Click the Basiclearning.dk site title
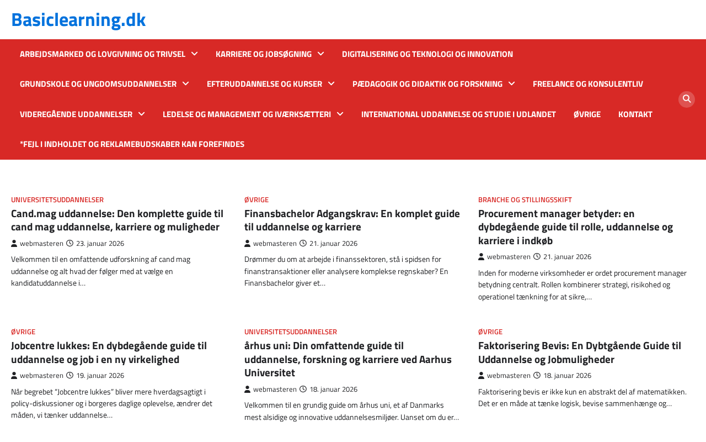click(78, 20)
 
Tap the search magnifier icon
click(687, 99)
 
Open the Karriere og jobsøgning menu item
click(264, 54)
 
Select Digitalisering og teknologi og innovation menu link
click(427, 54)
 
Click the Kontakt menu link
click(635, 114)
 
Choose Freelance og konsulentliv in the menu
click(588, 84)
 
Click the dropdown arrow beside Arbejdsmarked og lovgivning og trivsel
click(195, 54)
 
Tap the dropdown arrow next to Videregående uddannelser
click(142, 114)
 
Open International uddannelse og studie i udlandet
click(458, 114)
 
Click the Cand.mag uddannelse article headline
click(117, 220)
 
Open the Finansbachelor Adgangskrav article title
click(352, 220)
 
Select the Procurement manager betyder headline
click(575, 227)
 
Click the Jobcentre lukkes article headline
click(109, 352)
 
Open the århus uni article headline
click(347, 359)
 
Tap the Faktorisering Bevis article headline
click(580, 352)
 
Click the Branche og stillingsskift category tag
click(525, 199)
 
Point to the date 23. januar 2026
click(100, 244)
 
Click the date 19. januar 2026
click(100, 376)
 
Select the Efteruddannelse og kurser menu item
click(264, 84)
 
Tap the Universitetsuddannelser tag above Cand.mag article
click(57, 199)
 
